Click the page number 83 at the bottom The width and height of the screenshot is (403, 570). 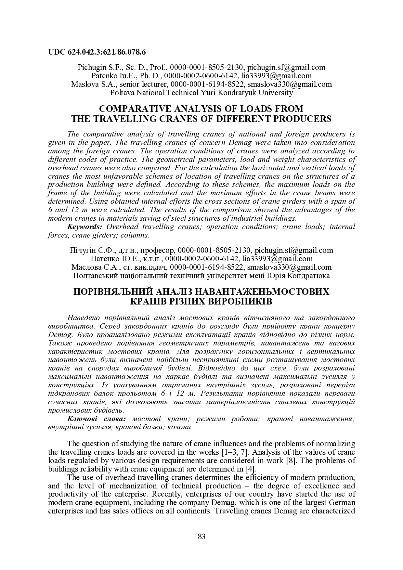coord(201,536)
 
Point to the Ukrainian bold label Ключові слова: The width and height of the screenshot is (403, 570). coord(97,419)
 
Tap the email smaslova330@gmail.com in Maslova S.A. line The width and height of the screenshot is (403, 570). coord(290,84)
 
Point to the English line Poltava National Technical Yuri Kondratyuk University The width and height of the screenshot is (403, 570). coord(201,93)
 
